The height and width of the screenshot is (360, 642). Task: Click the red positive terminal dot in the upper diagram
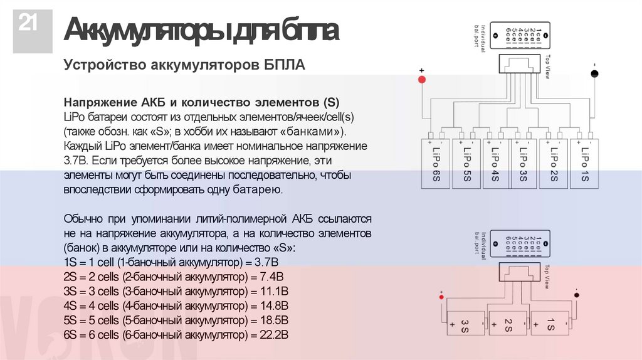tap(422, 80)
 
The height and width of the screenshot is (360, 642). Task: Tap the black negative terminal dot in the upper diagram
tap(594, 74)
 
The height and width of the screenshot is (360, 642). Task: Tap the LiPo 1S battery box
tap(583, 163)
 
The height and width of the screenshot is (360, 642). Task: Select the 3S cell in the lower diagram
tap(465, 325)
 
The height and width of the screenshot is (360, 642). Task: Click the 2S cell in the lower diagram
tap(507, 325)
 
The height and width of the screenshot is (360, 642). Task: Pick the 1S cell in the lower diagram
tap(549, 325)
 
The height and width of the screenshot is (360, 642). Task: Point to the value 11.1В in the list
tap(273, 292)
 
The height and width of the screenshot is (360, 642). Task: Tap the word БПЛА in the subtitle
tap(283, 66)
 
